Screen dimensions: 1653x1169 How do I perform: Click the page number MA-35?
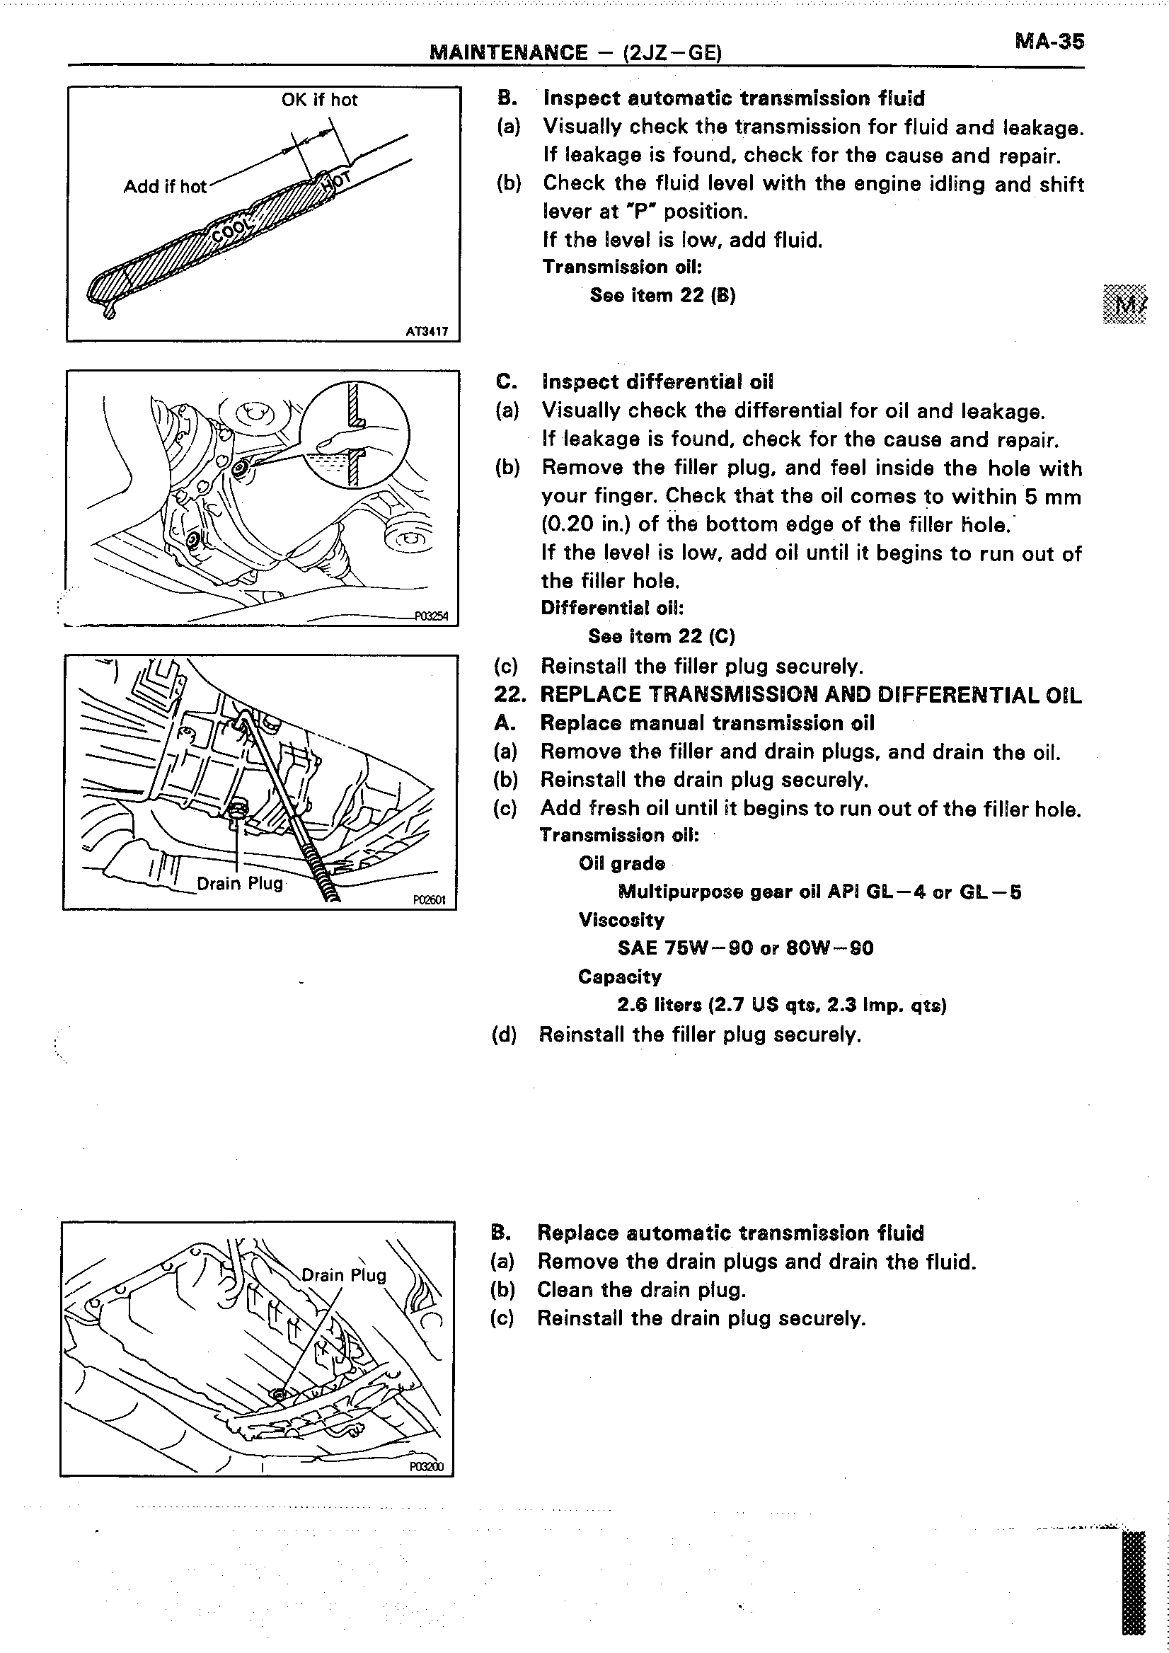coord(1049,41)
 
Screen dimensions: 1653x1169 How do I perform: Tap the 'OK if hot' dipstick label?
coord(319,100)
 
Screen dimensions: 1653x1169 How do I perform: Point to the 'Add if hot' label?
coord(165,187)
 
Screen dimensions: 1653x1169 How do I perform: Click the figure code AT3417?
coord(427,332)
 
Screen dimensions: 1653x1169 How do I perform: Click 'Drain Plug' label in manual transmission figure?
coord(240,883)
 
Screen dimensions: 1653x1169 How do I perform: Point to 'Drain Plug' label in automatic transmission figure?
coord(343,1275)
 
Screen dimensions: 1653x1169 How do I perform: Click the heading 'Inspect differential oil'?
coord(657,382)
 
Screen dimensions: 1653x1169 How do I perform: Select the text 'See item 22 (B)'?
coord(662,295)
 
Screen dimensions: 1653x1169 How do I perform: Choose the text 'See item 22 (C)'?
coord(661,636)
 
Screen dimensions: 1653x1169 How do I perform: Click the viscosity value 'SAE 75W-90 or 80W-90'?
coord(745,948)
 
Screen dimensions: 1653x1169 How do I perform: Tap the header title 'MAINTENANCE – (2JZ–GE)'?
coord(575,52)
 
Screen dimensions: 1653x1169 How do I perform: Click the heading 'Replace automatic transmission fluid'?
coord(730,1233)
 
